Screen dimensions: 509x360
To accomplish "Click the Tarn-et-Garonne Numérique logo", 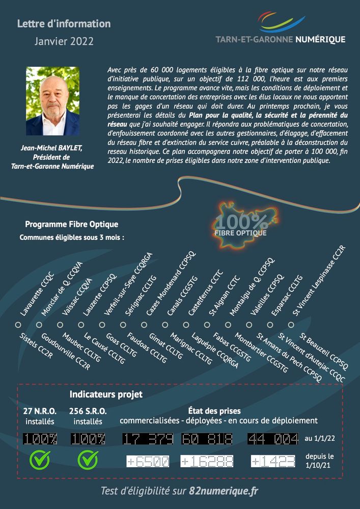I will click(x=281, y=30).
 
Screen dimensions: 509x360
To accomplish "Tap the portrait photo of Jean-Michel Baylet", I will click(x=53, y=101).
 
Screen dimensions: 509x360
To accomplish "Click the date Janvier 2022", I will click(x=64, y=42).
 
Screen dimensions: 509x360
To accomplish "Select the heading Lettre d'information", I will click(x=64, y=24).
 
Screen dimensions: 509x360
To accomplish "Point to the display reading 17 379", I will click(x=150, y=439).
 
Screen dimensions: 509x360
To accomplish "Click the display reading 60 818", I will click(x=206, y=439).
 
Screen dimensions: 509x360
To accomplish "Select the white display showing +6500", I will click(x=148, y=461).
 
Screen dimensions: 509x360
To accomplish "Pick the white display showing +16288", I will click(x=207, y=461).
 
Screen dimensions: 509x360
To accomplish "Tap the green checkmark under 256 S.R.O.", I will click(x=88, y=460).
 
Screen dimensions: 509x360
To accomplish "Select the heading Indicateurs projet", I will click(x=106, y=394).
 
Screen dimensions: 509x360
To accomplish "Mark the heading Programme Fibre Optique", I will click(x=72, y=224).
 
